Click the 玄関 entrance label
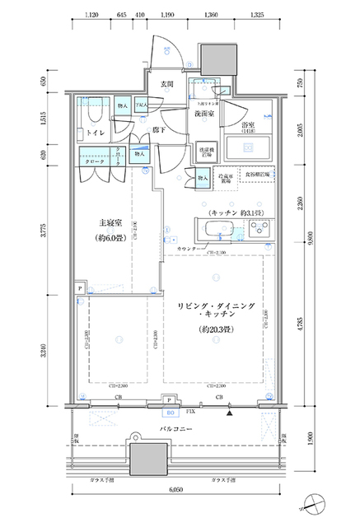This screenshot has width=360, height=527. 165,85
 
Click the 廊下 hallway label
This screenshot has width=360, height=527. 160,130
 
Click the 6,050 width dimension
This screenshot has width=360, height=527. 176,490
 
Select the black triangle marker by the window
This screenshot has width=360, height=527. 231,410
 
